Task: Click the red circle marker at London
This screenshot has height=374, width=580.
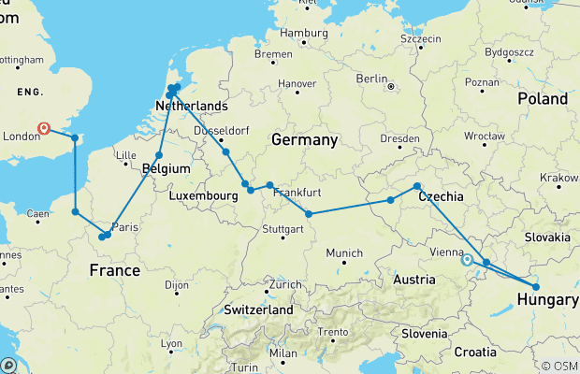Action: click(43, 128)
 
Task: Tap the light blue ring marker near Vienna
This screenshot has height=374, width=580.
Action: click(467, 261)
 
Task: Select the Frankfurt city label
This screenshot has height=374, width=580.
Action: click(297, 192)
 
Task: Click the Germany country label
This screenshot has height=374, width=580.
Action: click(303, 140)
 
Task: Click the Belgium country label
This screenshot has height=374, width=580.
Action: click(167, 169)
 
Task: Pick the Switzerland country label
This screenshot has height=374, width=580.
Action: click(257, 309)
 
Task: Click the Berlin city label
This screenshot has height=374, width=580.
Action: click(370, 79)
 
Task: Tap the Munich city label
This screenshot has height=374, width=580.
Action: click(344, 253)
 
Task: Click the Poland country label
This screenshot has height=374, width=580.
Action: click(544, 99)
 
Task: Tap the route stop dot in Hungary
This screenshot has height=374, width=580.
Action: click(536, 287)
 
